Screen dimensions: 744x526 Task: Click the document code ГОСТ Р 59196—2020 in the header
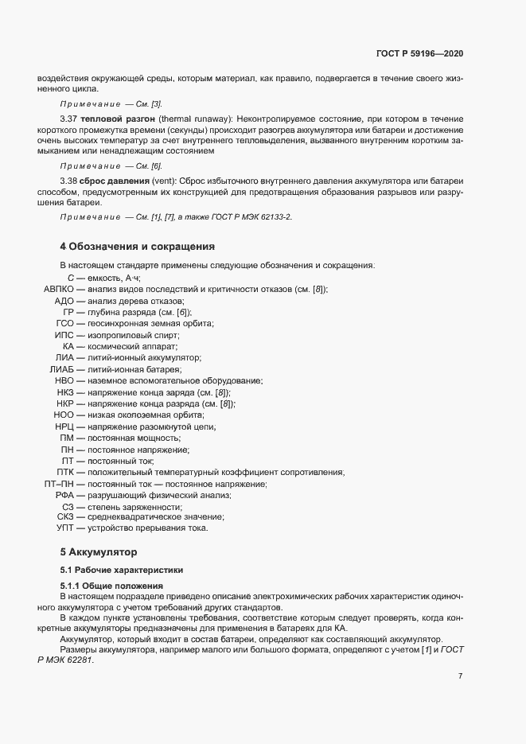[419, 53]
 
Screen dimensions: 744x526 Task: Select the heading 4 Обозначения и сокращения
[138, 246]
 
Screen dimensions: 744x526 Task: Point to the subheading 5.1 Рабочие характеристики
[121, 570]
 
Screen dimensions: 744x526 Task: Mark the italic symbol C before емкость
[71, 278]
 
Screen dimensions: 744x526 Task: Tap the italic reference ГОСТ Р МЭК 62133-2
[247, 217]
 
